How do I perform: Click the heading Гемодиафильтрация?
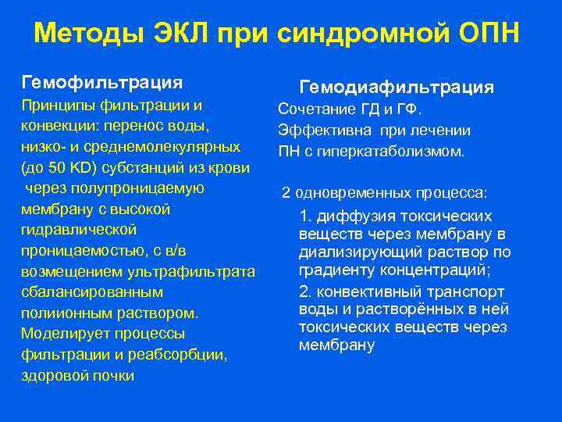coord(397,87)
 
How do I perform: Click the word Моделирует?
coord(62,334)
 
